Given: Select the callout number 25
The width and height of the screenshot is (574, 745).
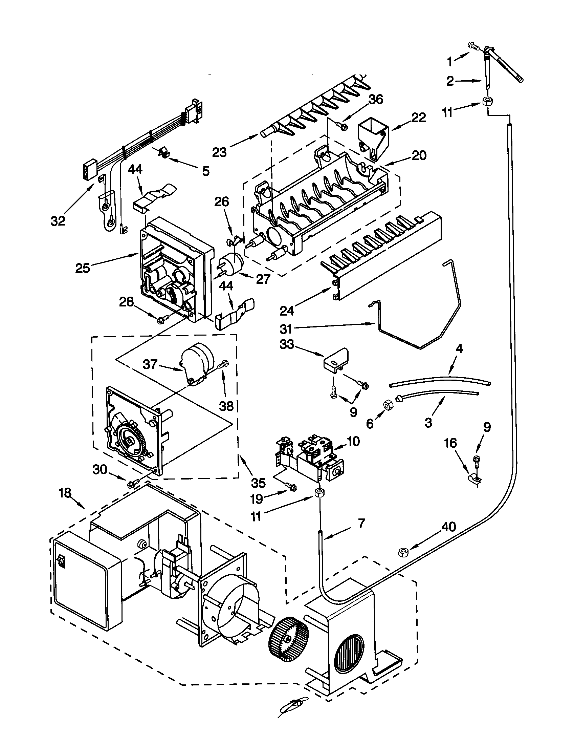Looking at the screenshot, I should (x=83, y=268).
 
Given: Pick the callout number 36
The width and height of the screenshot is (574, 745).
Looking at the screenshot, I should (x=376, y=100).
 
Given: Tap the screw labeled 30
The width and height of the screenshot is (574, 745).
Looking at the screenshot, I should (x=132, y=483).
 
